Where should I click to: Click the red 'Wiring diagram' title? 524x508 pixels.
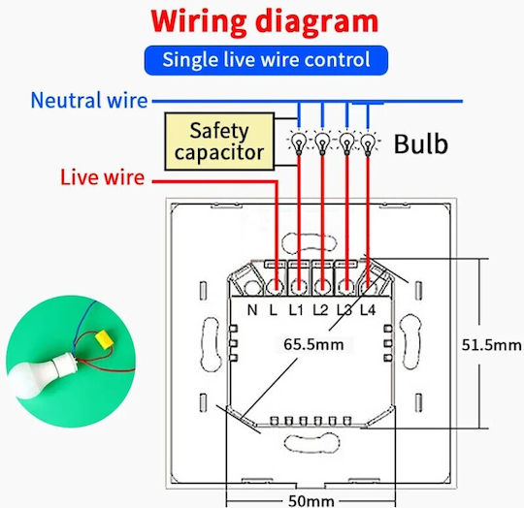click(264, 22)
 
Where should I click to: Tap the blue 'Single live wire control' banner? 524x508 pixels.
click(266, 60)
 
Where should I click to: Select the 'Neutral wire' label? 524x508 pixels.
click(89, 100)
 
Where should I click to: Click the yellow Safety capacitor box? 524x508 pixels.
click(219, 142)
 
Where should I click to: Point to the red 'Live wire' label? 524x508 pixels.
click(102, 177)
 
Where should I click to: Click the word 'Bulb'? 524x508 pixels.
click(421, 143)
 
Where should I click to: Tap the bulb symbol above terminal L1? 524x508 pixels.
click(299, 143)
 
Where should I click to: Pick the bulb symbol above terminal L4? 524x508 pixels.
click(368, 143)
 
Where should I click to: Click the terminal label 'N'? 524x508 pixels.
click(252, 310)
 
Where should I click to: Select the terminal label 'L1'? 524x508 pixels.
click(296, 310)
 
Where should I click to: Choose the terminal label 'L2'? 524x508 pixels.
click(320, 310)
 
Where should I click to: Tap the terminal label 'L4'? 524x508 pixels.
click(368, 310)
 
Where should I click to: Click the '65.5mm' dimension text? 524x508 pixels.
click(313, 344)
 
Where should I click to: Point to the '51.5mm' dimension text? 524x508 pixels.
click(492, 345)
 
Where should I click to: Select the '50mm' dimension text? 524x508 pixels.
click(311, 501)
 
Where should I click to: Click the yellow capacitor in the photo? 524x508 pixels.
click(104, 339)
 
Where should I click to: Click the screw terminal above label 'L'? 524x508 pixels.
click(276, 287)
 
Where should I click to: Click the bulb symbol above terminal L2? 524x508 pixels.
click(322, 143)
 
